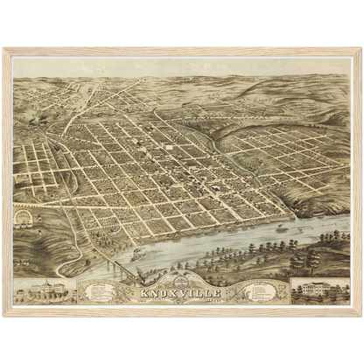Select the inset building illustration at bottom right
[x=319, y=290]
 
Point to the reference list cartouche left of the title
[x=101, y=290]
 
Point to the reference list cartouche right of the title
[x=262, y=290]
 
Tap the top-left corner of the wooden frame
[x=3, y=49]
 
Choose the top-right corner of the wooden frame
[x=360, y=49]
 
